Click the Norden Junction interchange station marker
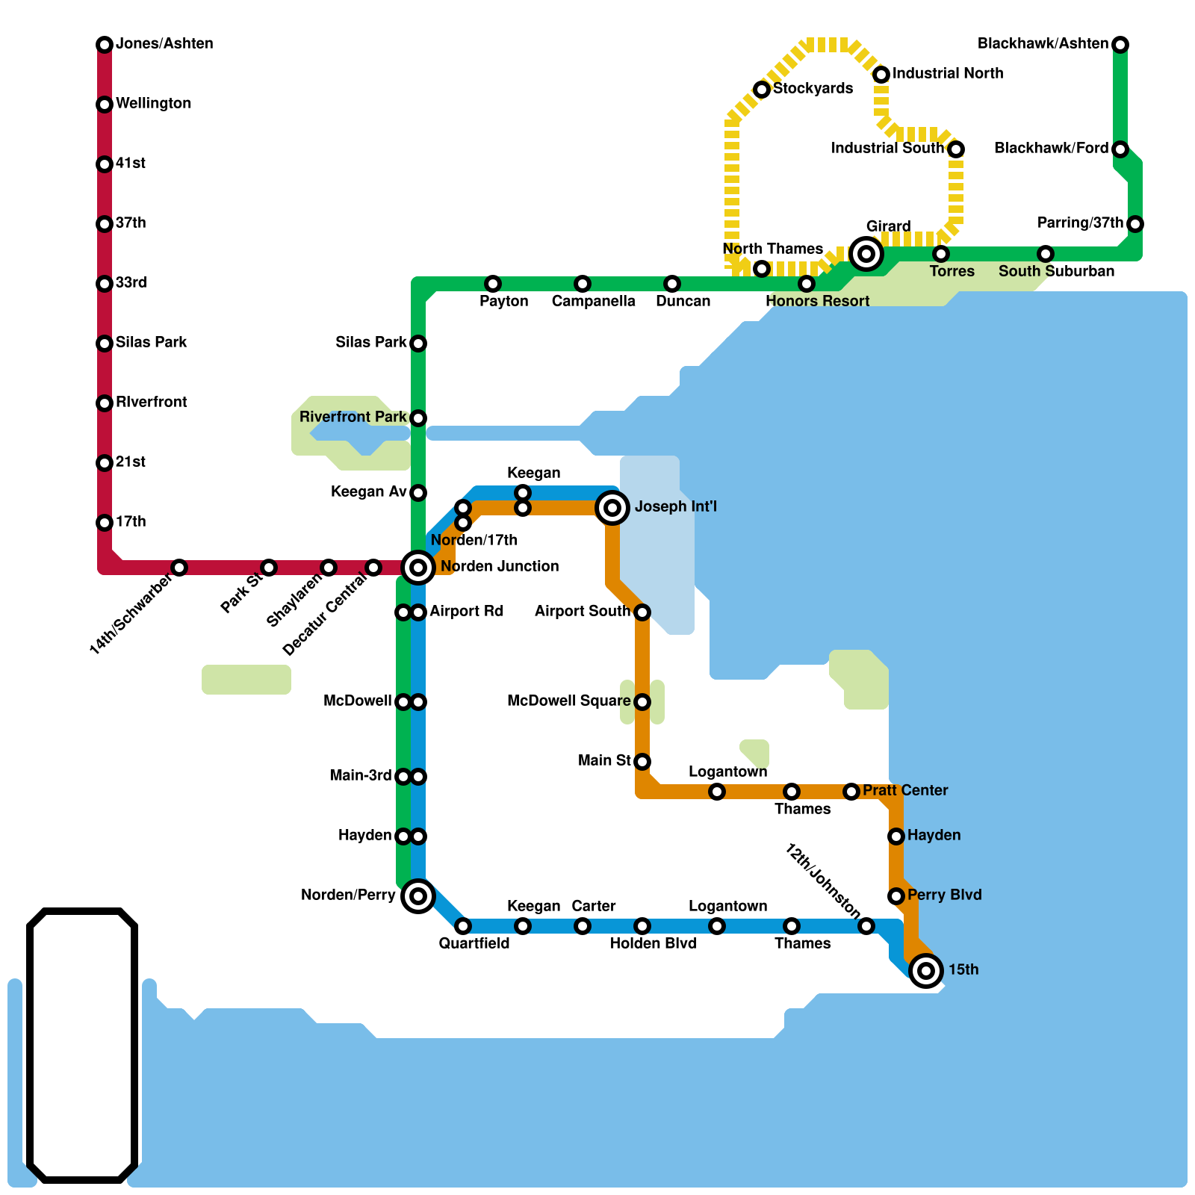tap(418, 568)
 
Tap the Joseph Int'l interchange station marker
tap(612, 508)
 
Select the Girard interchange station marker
tap(866, 254)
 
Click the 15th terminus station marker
tap(926, 971)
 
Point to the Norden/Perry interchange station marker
tap(418, 896)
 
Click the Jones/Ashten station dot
tap(105, 45)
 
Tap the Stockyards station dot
tap(762, 90)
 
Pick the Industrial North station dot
tap(881, 75)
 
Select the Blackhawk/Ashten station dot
tap(1120, 45)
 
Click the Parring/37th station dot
tap(1135, 224)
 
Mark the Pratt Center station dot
tap(851, 792)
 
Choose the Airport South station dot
tap(642, 612)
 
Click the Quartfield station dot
tap(463, 926)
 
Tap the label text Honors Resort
tap(817, 301)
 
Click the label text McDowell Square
tap(568, 701)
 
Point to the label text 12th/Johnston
tap(823, 881)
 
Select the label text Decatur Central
tap(326, 615)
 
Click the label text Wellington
tap(153, 103)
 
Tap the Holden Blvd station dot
tap(642, 926)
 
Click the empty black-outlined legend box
tap(82, 1046)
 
